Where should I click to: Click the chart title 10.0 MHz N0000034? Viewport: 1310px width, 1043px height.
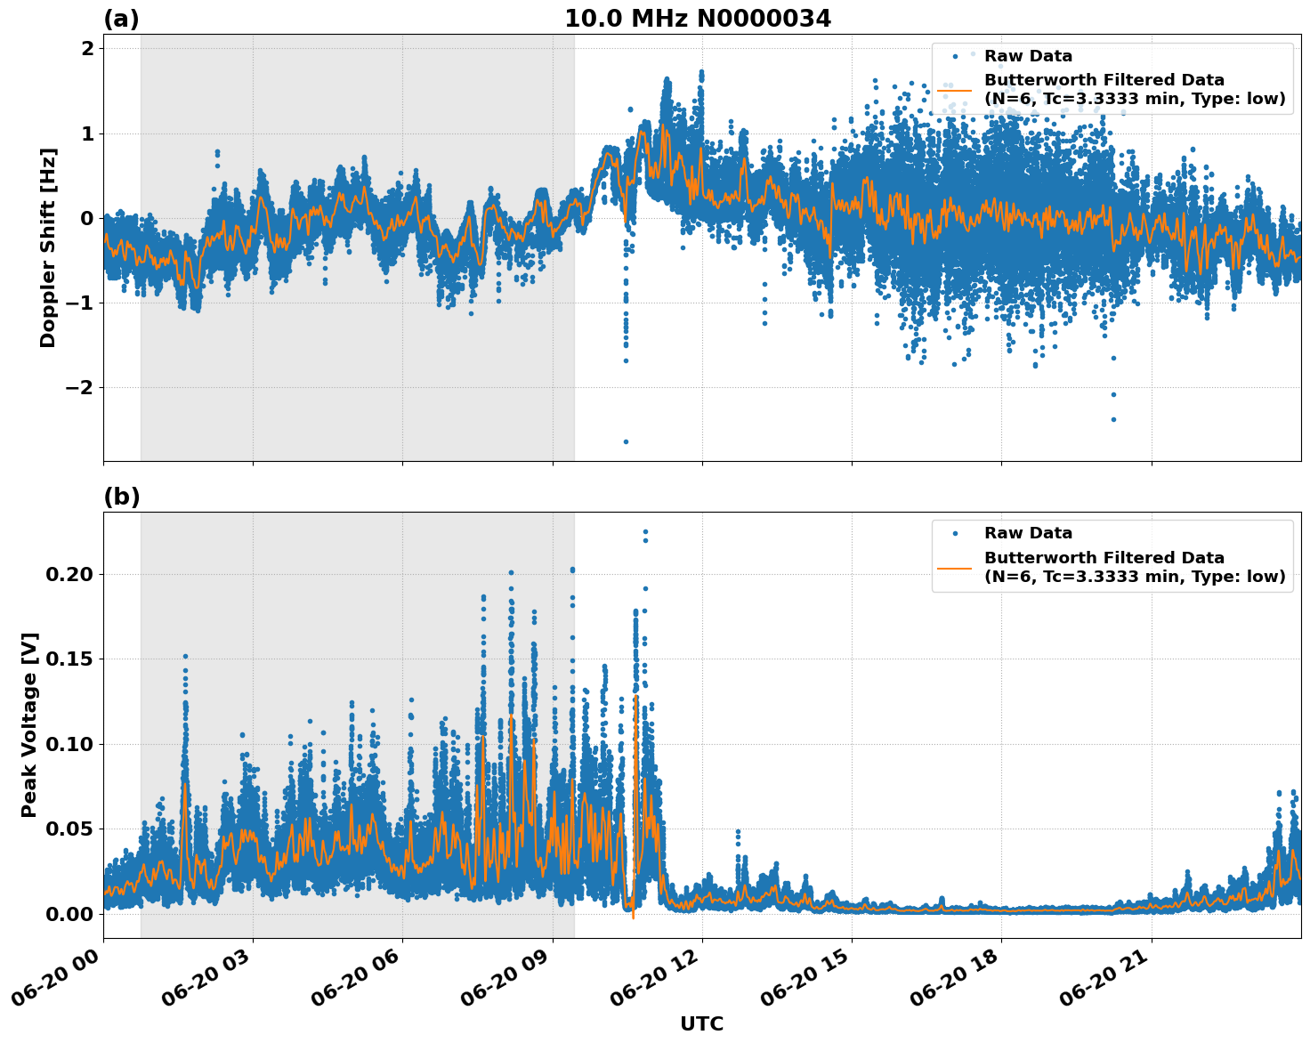pyautogui.click(x=697, y=19)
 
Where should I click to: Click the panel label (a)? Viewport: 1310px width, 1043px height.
pyautogui.click(x=121, y=19)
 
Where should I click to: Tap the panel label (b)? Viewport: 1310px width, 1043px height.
pyautogui.click(x=121, y=497)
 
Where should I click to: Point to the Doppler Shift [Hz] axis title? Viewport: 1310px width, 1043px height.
pyautogui.click(x=48, y=247)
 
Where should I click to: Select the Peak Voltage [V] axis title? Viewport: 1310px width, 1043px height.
pyautogui.click(x=29, y=724)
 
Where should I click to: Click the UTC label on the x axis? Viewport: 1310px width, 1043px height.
pyautogui.click(x=701, y=1023)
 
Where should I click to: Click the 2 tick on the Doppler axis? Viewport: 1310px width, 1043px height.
pyautogui.click(x=87, y=49)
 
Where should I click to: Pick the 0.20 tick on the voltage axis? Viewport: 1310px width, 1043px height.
pyautogui.click(x=69, y=574)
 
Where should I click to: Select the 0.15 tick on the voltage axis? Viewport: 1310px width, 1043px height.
pyautogui.click(x=69, y=659)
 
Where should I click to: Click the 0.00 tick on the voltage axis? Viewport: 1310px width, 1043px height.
pyautogui.click(x=69, y=914)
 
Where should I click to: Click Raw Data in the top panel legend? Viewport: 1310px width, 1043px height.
pyautogui.click(x=1028, y=56)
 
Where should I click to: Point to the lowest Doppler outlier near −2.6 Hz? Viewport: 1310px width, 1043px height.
pyautogui.click(x=626, y=441)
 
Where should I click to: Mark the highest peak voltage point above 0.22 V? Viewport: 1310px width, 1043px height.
pyautogui.click(x=645, y=532)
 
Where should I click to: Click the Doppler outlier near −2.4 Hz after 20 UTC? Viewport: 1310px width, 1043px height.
pyautogui.click(x=1112, y=419)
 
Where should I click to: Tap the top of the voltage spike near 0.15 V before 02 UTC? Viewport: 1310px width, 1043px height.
pyautogui.click(x=185, y=657)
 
